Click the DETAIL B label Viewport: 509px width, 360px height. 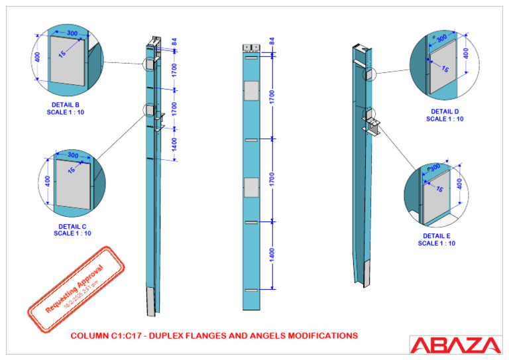[66, 105]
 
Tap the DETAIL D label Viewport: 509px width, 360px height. [445, 111]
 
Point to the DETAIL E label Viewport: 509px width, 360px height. [437, 236]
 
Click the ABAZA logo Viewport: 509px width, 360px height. [455, 345]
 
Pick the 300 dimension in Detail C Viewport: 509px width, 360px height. [73, 156]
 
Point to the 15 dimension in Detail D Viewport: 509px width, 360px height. [445, 69]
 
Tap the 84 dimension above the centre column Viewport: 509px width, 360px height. [272, 42]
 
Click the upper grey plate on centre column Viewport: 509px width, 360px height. [252, 91]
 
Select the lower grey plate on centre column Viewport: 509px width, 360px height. [252, 188]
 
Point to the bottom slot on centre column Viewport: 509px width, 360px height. [252, 291]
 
